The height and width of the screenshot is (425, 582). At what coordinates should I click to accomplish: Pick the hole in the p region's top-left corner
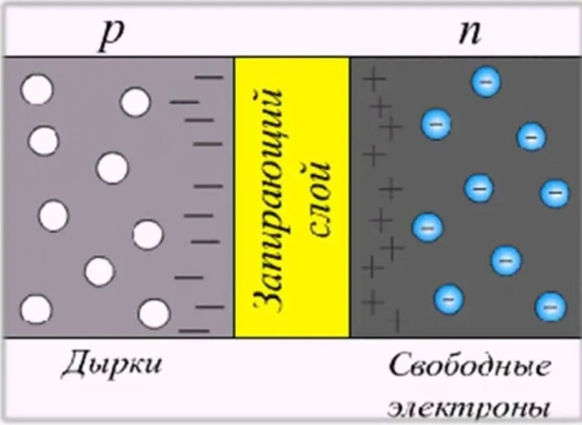(x=38, y=91)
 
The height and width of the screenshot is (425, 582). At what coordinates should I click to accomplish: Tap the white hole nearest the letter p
(x=135, y=101)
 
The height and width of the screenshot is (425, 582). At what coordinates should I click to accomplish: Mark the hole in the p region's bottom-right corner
(x=152, y=313)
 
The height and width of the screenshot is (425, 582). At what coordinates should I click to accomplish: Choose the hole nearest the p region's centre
(x=112, y=168)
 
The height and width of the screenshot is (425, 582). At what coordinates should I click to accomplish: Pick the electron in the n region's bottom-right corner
(x=550, y=306)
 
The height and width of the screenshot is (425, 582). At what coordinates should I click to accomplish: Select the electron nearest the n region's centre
(x=477, y=187)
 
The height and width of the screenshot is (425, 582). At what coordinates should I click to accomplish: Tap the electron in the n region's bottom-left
(x=447, y=296)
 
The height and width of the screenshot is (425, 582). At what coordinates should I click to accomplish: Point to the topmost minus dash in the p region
(x=209, y=76)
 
